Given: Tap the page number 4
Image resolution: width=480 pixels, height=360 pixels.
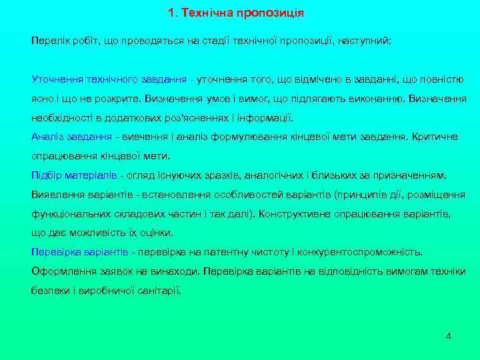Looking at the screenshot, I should [x=449, y=335].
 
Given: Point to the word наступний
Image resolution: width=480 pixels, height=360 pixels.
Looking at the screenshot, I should [x=369, y=41].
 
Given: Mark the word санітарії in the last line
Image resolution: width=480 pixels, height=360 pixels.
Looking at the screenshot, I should [x=157, y=291].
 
